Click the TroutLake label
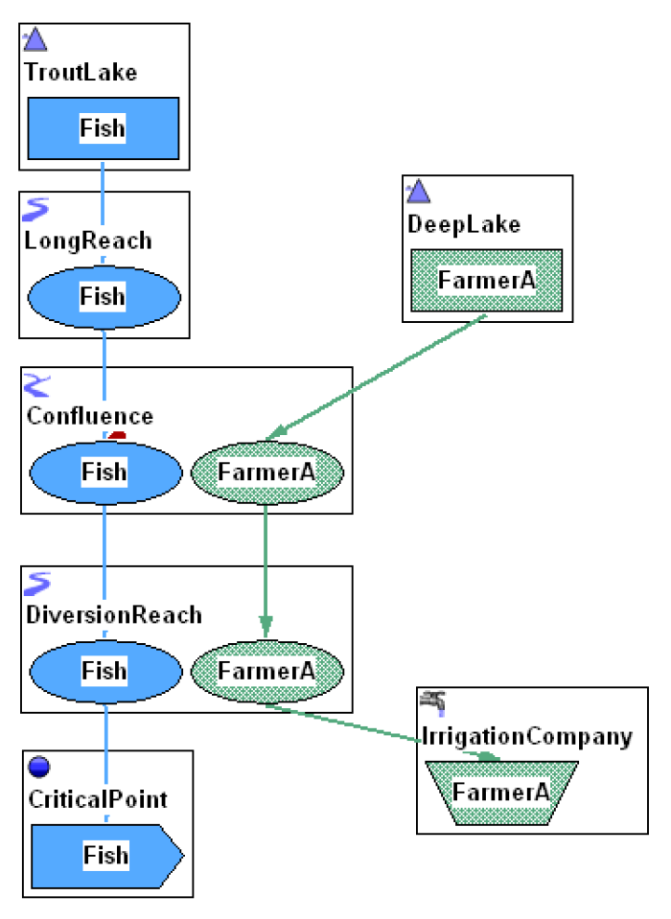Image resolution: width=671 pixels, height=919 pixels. tap(81, 73)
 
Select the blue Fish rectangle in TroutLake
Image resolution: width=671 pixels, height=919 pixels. tap(103, 127)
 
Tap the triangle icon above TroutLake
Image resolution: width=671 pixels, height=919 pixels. tap(35, 40)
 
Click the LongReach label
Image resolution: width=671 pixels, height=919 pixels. tap(87, 241)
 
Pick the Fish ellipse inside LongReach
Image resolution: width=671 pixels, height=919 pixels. tap(103, 296)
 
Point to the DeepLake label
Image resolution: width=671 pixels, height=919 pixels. tap(463, 224)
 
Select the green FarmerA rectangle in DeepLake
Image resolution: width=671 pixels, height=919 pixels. tap(486, 280)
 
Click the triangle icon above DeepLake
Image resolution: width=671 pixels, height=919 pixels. tap(418, 192)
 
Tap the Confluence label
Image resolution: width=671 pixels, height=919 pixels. tap(89, 417)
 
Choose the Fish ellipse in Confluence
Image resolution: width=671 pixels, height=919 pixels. tap(104, 471)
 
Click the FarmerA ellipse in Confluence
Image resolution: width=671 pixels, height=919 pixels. tap(266, 471)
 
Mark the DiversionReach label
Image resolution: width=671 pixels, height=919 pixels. tap(114, 614)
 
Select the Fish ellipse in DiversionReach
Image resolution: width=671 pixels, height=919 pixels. tap(104, 670)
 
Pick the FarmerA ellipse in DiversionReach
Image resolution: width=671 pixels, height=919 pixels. tap(266, 670)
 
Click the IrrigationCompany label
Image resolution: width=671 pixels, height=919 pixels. tap(527, 737)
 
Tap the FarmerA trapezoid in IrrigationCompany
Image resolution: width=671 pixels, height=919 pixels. tap(500, 793)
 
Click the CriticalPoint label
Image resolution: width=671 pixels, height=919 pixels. tap(96, 799)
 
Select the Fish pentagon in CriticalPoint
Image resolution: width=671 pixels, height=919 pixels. tap(105, 854)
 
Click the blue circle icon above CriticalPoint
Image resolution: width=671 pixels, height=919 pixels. tap(40, 768)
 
